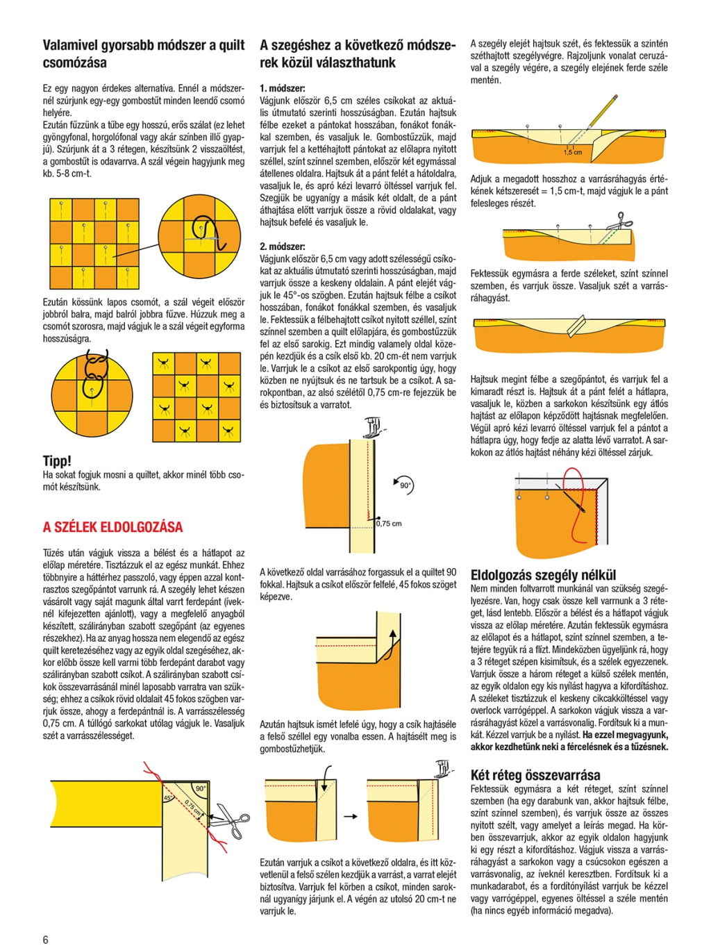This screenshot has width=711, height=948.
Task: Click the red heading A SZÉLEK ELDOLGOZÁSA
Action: click(x=112, y=527)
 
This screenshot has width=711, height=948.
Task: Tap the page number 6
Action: click(x=46, y=939)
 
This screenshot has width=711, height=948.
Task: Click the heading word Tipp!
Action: click(x=57, y=460)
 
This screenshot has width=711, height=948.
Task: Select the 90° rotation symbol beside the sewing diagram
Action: click(x=404, y=485)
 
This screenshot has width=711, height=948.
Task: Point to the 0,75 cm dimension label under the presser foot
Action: click(x=390, y=524)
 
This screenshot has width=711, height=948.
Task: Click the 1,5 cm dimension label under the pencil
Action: click(x=573, y=152)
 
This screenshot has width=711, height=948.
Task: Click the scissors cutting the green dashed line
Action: click(x=617, y=223)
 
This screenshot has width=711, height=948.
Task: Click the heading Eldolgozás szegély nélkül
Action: click(x=543, y=574)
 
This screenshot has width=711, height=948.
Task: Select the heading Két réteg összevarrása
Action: click(x=535, y=775)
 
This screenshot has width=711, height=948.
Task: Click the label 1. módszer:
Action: click(x=282, y=88)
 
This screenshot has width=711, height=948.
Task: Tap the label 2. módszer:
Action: click(x=282, y=247)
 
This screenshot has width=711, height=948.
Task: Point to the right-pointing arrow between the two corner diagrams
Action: click(x=351, y=817)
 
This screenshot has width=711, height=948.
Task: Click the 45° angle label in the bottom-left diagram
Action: click(x=167, y=799)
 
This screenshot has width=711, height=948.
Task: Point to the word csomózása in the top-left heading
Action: click(x=75, y=63)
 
